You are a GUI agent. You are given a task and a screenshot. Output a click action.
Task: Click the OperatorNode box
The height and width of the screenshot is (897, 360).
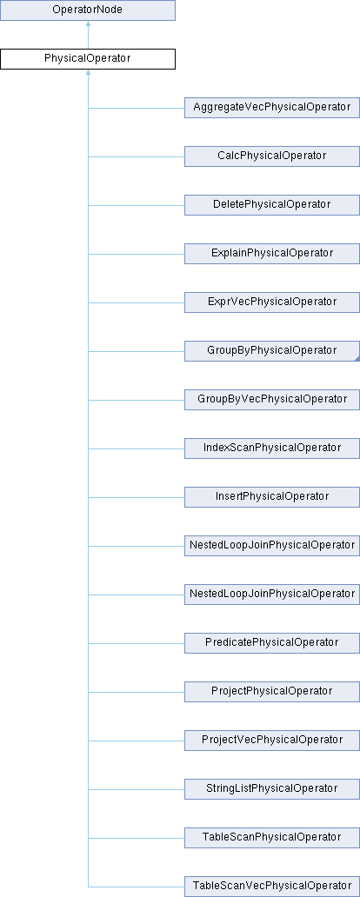click(88, 10)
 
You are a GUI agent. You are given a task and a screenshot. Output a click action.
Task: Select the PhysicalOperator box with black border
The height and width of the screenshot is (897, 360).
click(88, 59)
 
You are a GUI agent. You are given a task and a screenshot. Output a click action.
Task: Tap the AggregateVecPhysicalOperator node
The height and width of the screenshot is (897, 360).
click(272, 108)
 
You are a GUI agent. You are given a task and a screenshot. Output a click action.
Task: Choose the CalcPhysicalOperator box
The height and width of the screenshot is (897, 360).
click(272, 156)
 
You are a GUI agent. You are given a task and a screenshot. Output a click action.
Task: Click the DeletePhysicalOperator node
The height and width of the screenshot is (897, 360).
click(272, 205)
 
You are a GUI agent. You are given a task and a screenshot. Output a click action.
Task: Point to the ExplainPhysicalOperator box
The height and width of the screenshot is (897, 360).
click(272, 254)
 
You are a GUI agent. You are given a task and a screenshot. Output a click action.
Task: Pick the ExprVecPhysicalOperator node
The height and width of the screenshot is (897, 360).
click(272, 302)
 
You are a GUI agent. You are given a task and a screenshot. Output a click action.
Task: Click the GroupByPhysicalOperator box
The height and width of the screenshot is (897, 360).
click(272, 350)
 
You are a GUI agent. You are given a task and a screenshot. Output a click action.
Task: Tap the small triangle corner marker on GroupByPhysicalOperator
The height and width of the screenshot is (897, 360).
click(357, 358)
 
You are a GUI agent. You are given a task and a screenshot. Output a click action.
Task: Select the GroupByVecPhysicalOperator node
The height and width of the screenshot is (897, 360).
click(272, 399)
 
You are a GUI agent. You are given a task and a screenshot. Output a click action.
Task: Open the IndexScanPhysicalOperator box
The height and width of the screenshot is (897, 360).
click(272, 448)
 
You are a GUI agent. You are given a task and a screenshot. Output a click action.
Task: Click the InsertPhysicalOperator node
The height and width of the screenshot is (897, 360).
click(272, 496)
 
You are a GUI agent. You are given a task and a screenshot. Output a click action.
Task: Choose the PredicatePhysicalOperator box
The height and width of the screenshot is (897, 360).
click(272, 642)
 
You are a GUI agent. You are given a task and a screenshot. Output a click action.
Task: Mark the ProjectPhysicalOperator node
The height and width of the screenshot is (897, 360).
click(272, 691)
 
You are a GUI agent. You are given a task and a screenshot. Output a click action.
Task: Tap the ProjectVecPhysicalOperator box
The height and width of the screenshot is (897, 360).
click(272, 740)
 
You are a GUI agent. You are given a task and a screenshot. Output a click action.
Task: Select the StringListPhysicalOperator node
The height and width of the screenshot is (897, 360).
click(272, 788)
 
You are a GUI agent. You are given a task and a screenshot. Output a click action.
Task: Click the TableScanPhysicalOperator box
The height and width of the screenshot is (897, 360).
click(272, 837)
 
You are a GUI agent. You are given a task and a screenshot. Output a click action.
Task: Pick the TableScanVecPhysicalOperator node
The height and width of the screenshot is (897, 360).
click(272, 886)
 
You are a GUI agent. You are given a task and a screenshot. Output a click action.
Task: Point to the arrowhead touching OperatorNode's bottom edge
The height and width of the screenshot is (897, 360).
click(88, 24)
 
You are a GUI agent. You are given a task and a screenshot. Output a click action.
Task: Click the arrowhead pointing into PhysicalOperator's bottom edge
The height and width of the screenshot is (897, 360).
click(88, 73)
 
